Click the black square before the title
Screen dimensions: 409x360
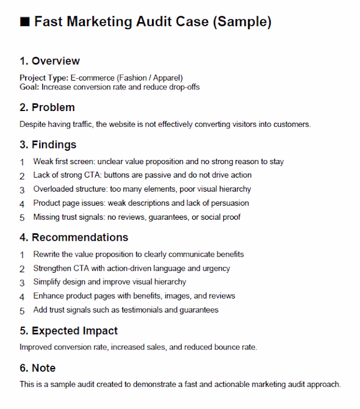coord(25,22)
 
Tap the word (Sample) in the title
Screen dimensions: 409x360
coord(242,22)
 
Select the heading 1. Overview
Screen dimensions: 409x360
coord(50,61)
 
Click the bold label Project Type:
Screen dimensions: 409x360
coord(44,78)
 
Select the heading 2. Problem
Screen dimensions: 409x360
coord(47,108)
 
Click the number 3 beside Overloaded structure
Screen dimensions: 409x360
coord(22,190)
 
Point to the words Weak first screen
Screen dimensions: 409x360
coord(62,161)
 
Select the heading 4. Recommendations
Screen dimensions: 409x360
coord(74,237)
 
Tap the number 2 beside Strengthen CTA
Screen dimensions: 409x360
coord(22,269)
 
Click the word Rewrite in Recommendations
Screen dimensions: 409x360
coord(47,254)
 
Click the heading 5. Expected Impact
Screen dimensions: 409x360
coord(68,331)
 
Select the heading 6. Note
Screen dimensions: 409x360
coord(37,368)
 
